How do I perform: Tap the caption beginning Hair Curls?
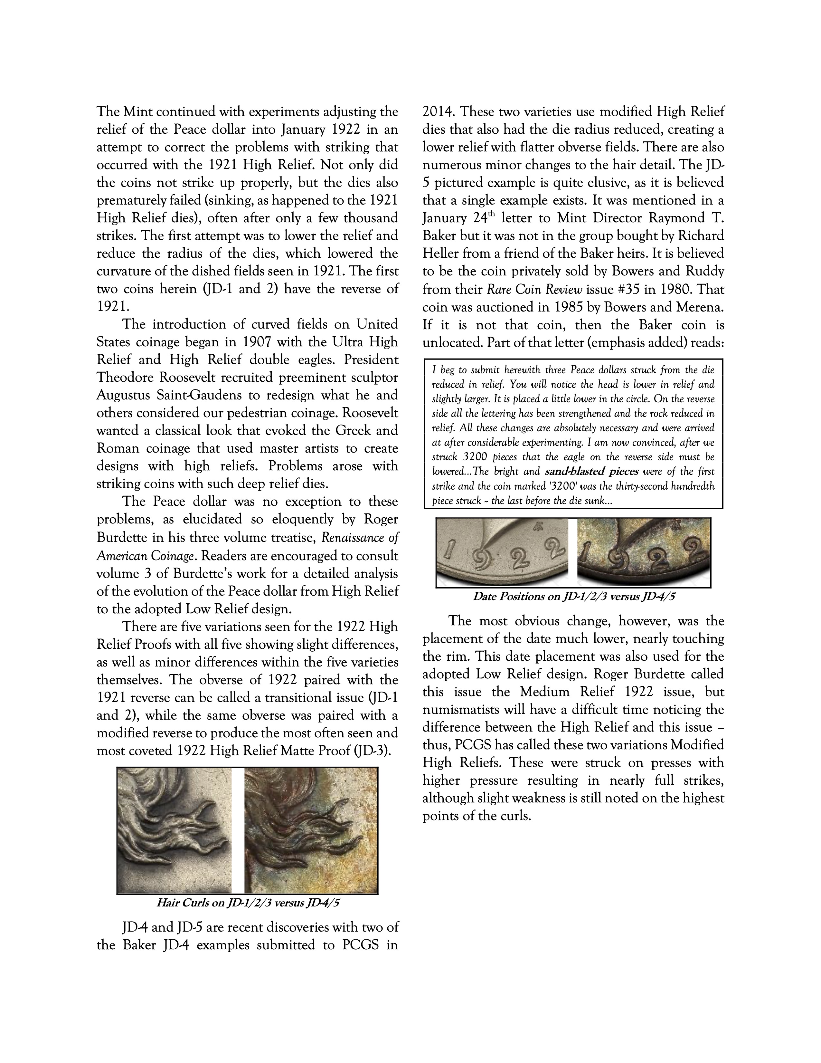click(x=248, y=903)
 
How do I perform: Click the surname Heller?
click(x=441, y=254)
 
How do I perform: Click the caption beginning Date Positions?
click(x=574, y=597)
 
